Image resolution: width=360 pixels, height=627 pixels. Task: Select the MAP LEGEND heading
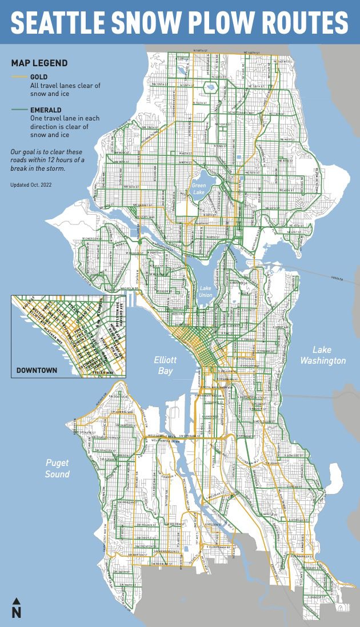point(39,63)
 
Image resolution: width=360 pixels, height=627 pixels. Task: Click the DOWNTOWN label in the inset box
point(37,371)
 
